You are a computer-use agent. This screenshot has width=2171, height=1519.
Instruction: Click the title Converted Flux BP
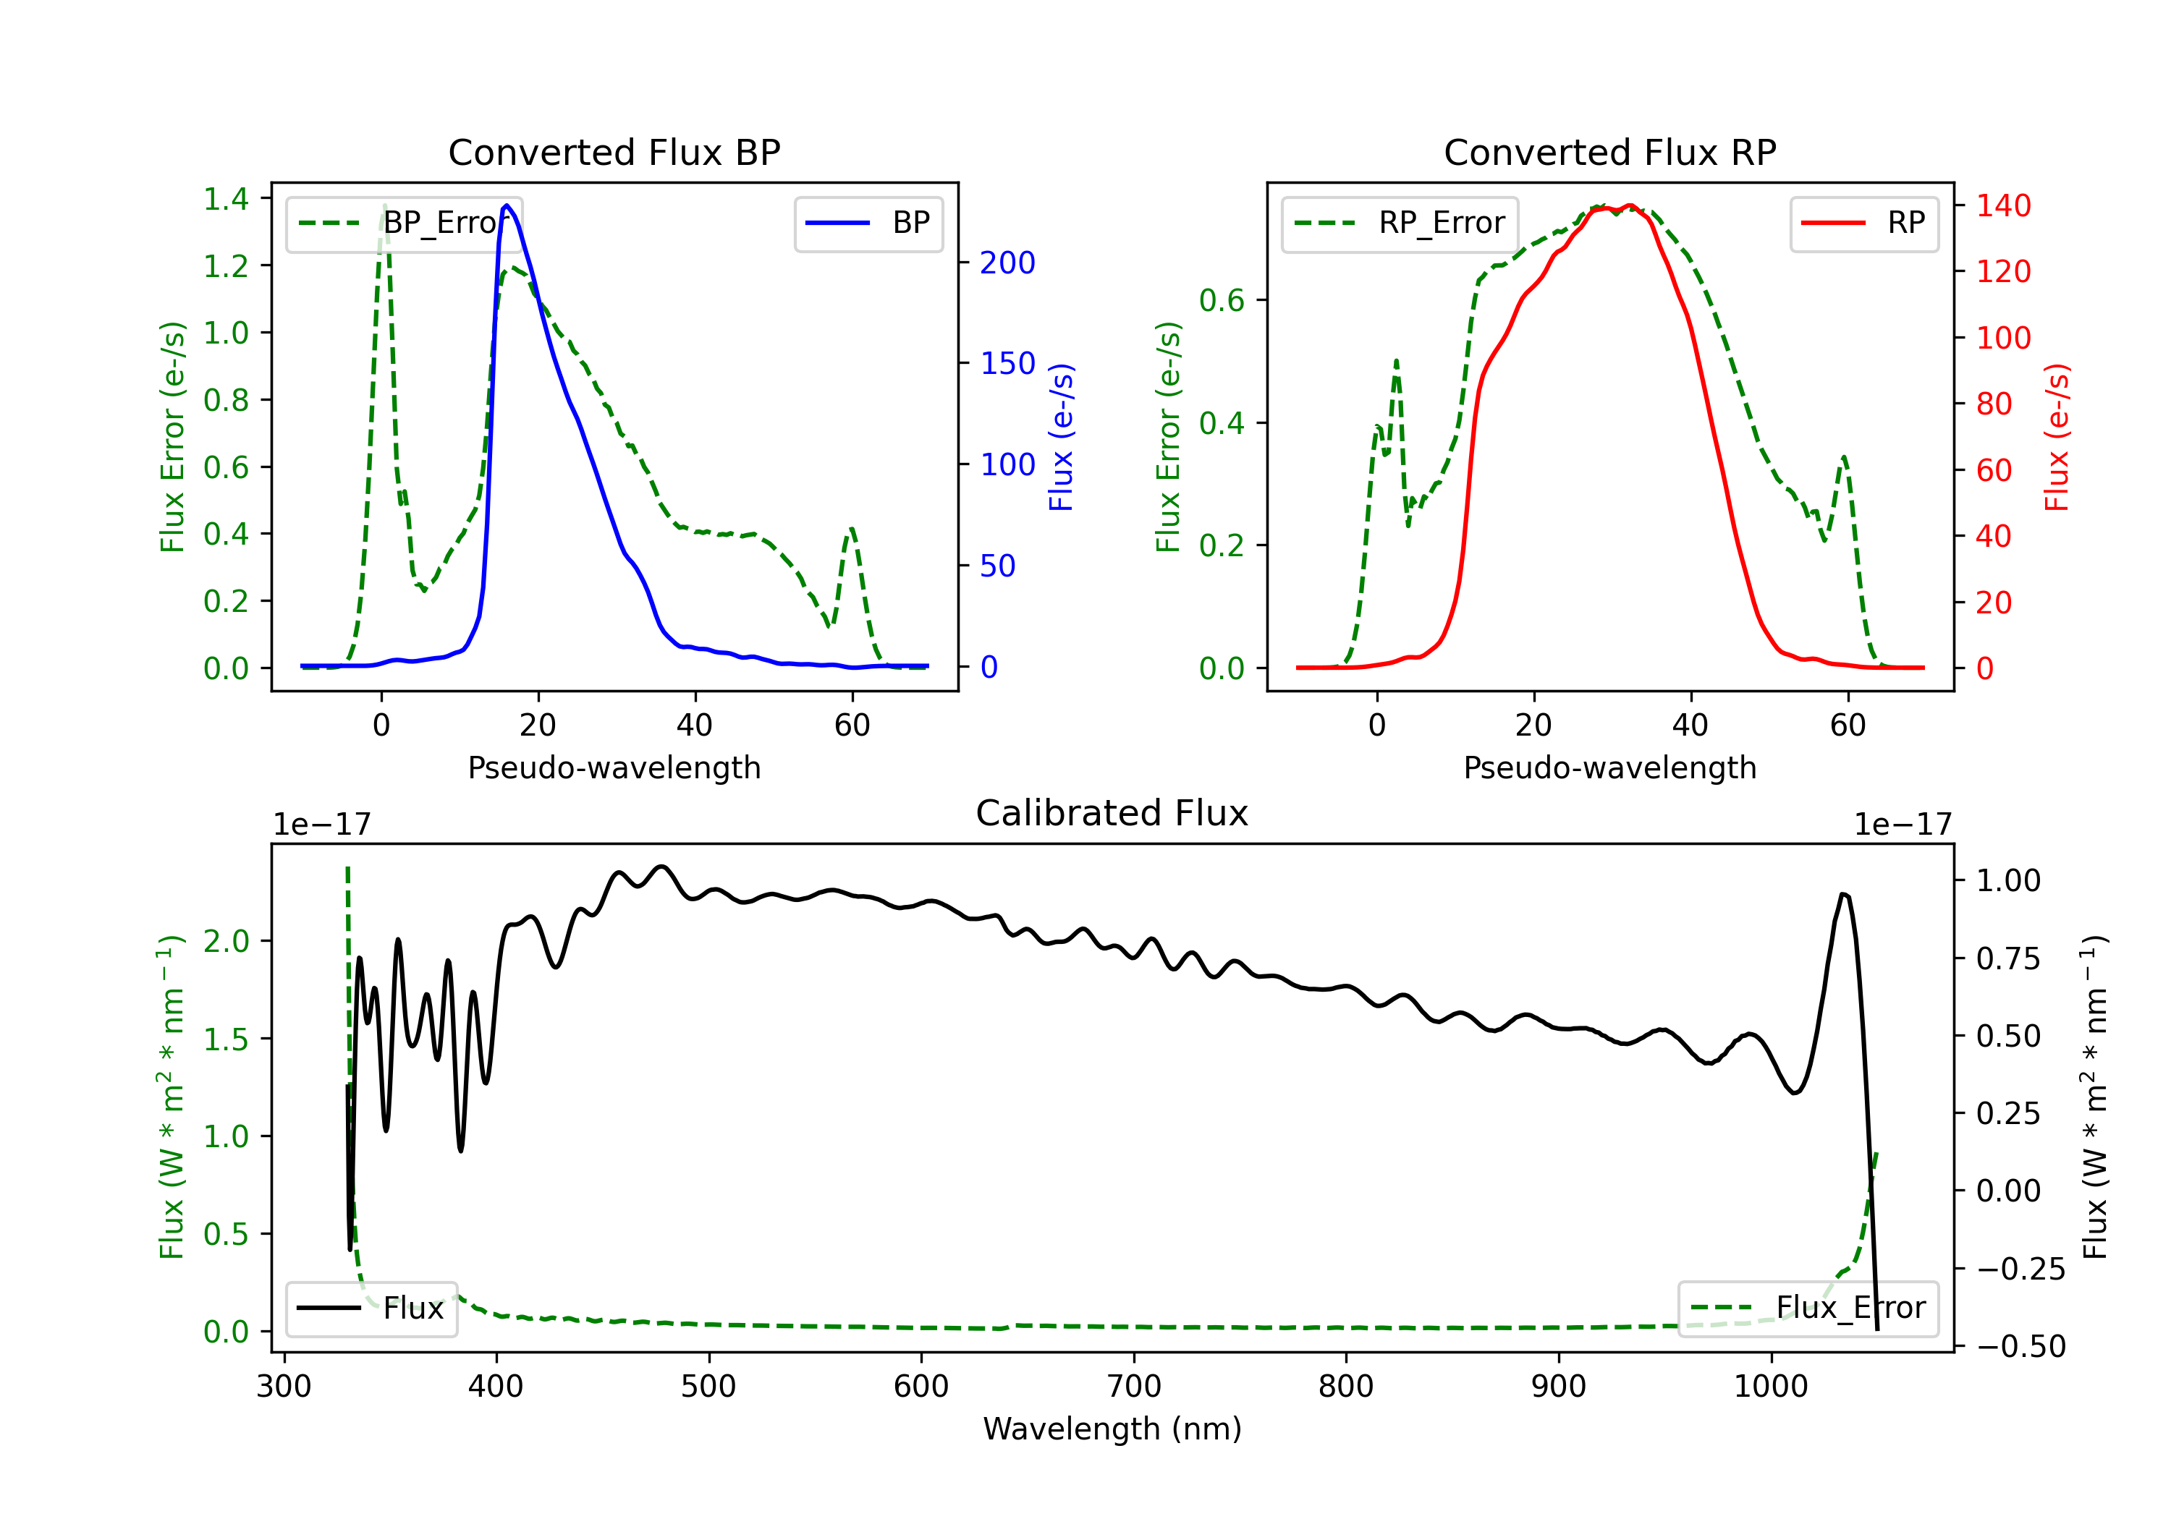click(x=614, y=152)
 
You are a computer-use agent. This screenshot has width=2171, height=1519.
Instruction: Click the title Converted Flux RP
click(x=1609, y=152)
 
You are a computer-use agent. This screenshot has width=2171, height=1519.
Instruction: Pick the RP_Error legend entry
click(x=1400, y=223)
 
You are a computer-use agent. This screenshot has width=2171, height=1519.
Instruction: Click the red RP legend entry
click(x=1863, y=223)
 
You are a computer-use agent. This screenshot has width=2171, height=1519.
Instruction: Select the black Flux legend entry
click(x=371, y=1309)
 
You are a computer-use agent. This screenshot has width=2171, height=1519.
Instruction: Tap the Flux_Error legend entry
click(x=1807, y=1309)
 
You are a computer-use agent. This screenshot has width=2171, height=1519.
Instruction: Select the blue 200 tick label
click(x=1007, y=263)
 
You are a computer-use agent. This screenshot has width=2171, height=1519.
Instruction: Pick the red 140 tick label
click(x=2002, y=205)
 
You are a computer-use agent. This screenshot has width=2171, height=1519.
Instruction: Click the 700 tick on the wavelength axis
click(x=1134, y=1387)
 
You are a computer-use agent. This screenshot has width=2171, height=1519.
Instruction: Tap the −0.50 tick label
click(x=2020, y=1346)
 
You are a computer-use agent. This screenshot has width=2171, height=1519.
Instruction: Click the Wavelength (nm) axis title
click(x=1112, y=1429)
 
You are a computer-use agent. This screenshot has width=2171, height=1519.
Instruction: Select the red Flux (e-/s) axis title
click(x=2057, y=437)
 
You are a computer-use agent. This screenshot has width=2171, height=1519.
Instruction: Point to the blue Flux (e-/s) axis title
click(x=1061, y=437)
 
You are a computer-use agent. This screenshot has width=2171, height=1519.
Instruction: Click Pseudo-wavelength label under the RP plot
click(x=1609, y=767)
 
